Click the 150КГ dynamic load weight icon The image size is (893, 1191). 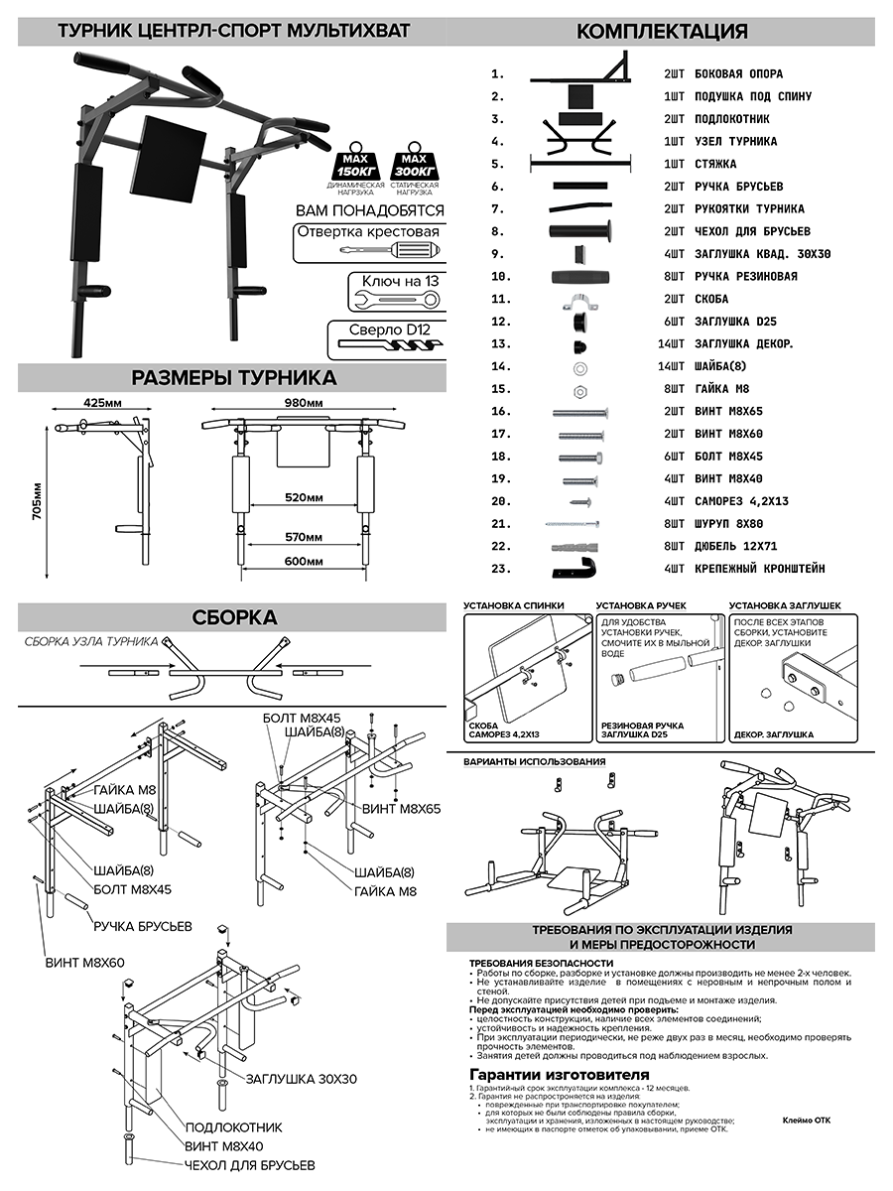355,161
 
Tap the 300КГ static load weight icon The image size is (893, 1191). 414,161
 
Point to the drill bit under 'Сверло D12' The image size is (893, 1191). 390,344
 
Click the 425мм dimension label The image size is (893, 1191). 102,403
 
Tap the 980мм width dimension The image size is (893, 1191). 304,403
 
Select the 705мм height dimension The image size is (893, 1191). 37,501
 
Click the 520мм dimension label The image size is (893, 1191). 304,497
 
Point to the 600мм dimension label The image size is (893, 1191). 304,561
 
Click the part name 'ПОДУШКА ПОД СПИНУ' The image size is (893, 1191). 753,96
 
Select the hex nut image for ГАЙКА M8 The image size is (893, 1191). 579,391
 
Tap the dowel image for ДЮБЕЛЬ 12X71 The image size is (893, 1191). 574,547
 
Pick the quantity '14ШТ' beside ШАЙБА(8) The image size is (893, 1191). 672,366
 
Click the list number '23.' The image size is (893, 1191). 501,569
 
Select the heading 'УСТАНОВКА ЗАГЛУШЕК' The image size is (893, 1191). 785,605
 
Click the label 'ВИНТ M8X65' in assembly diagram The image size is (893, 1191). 401,809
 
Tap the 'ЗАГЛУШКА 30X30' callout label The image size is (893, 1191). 302,1079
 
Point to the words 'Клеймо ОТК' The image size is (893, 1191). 807,1120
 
